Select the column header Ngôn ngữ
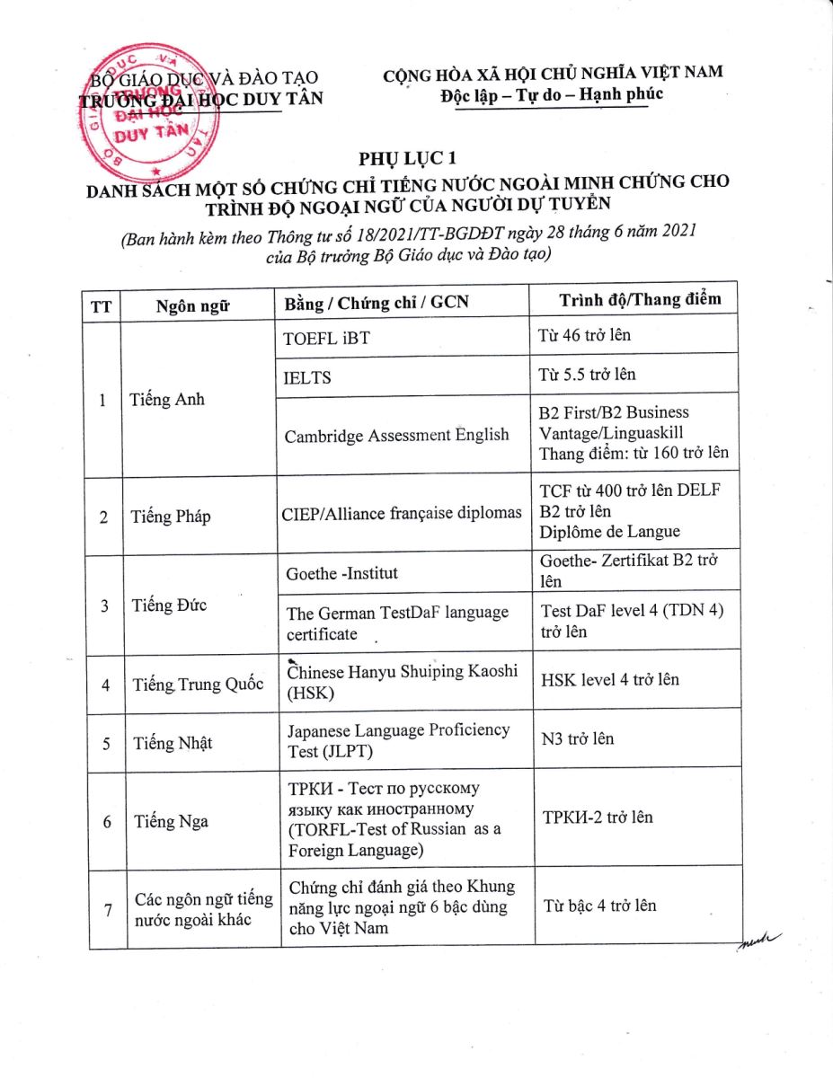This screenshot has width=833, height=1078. (191, 305)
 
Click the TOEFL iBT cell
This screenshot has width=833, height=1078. (326, 338)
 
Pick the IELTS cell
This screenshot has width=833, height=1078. (307, 378)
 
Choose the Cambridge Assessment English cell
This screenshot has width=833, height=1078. (396, 436)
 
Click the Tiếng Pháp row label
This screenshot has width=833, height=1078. (171, 517)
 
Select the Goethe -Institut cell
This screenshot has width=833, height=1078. (341, 573)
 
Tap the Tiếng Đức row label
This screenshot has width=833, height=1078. (169, 605)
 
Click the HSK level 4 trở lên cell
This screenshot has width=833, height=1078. (609, 679)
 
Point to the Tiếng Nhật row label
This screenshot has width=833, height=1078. (173, 743)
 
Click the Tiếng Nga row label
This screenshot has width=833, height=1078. (167, 820)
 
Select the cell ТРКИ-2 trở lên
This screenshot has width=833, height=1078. (597, 817)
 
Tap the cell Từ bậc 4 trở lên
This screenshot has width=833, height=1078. (599, 905)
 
